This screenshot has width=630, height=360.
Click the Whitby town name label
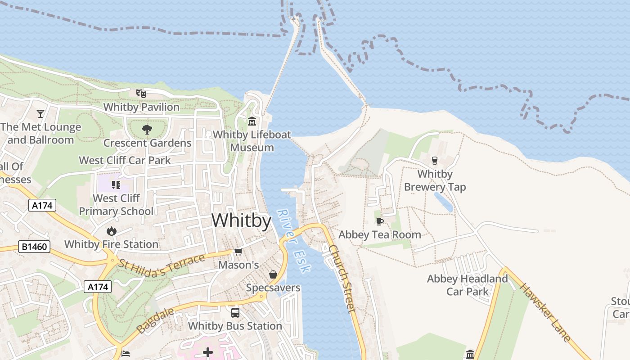241,220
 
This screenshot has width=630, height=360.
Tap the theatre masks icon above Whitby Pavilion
141,94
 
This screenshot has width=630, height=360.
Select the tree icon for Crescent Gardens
147,130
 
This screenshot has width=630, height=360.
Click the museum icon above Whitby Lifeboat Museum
252,121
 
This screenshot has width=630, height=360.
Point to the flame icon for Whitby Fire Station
111,231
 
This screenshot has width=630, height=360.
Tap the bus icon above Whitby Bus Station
235,312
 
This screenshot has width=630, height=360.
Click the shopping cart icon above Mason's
238,252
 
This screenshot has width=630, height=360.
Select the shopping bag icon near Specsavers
273,274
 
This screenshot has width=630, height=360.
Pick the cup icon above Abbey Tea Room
379,221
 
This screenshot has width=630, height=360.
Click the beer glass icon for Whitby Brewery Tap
434,160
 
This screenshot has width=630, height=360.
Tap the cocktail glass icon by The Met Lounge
41,113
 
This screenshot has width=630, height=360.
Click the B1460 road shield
35,246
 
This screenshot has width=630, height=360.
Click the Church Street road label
342,278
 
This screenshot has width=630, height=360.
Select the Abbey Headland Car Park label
467,285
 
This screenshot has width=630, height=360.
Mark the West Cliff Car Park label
125,160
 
